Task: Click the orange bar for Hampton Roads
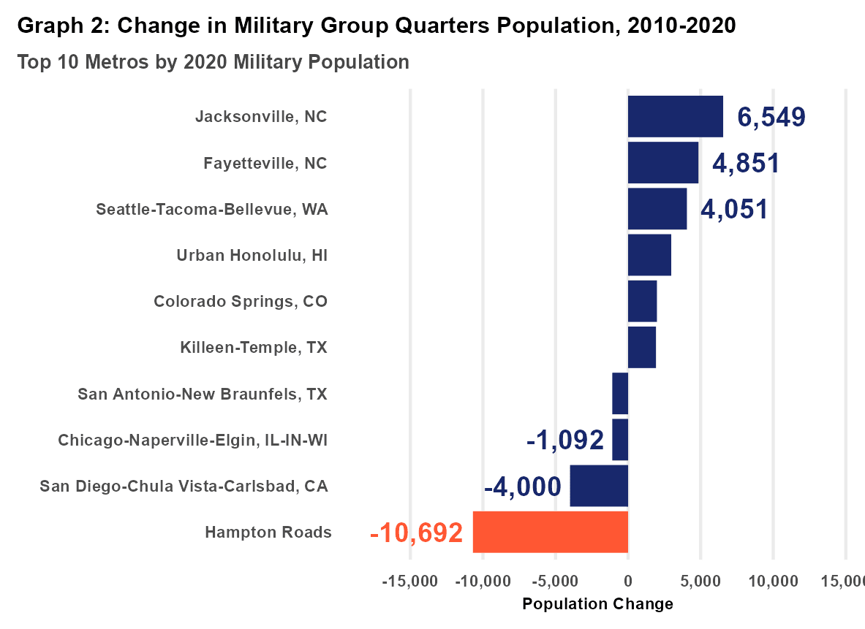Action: (x=550, y=532)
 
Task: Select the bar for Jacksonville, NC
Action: (x=675, y=116)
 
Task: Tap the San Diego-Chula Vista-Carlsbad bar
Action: (x=599, y=486)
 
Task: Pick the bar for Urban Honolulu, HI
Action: (x=649, y=255)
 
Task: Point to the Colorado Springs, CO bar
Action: (x=642, y=301)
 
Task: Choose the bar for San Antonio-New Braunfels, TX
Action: (x=620, y=393)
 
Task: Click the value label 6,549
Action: (x=771, y=117)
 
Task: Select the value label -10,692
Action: (x=417, y=533)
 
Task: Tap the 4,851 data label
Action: (x=746, y=163)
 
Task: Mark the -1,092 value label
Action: (x=565, y=440)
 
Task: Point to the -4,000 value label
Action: (x=522, y=487)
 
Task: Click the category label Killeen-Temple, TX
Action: (x=254, y=347)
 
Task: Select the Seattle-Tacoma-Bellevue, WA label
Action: (x=212, y=210)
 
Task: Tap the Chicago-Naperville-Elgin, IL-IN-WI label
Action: (x=193, y=440)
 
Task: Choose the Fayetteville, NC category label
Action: (x=265, y=163)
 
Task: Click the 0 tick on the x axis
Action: (x=628, y=582)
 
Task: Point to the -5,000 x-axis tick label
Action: (x=555, y=582)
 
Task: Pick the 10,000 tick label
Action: (x=773, y=582)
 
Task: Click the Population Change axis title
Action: (x=597, y=604)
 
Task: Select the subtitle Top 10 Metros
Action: (x=213, y=62)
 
